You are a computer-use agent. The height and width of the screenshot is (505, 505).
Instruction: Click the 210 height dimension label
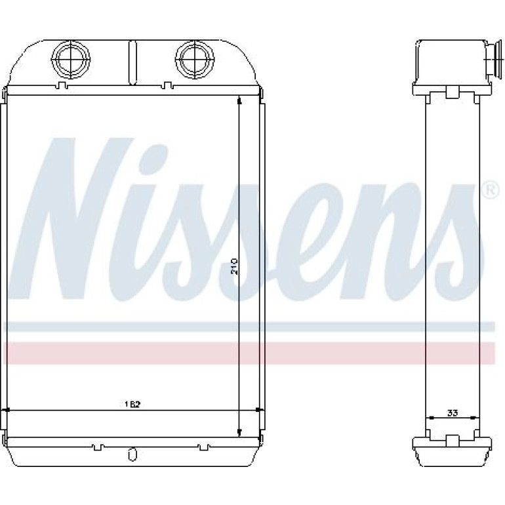click(235, 266)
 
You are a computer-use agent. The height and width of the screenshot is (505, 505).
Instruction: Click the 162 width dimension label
click(133, 404)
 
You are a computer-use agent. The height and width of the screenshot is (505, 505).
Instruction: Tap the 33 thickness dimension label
click(452, 413)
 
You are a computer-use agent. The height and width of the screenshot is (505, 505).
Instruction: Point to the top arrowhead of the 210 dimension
click(239, 102)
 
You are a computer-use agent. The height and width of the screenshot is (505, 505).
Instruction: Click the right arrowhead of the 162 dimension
click(257, 411)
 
